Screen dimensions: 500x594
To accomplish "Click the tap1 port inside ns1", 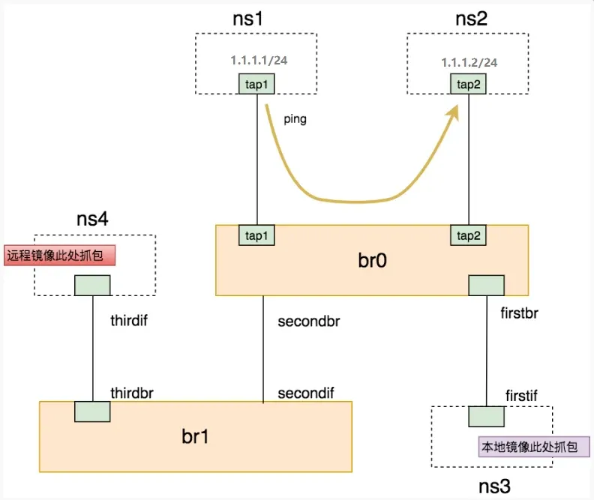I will pyautogui.click(x=256, y=84).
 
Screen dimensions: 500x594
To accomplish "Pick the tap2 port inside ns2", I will pyautogui.click(x=469, y=84).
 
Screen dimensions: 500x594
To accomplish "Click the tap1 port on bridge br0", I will pyautogui.click(x=256, y=235).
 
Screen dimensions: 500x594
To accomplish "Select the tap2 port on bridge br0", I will pyautogui.click(x=469, y=235).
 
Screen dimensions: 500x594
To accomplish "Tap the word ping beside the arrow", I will pyautogui.click(x=295, y=119).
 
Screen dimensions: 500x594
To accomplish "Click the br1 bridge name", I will pyautogui.click(x=195, y=436).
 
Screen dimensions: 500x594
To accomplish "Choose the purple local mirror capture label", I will pyautogui.click(x=534, y=447).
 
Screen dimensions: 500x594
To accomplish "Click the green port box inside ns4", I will pyautogui.click(x=92, y=285).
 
